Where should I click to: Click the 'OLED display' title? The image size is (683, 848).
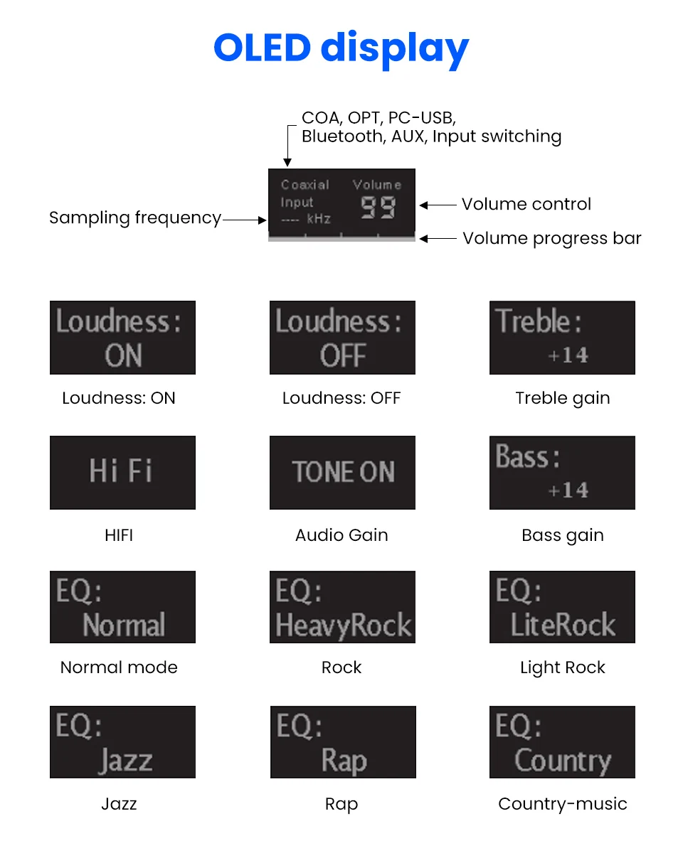[x=341, y=48]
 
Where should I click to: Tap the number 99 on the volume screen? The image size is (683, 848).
[x=377, y=208]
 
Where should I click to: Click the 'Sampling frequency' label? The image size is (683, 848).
[x=135, y=218]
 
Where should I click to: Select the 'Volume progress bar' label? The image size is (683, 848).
[x=552, y=238]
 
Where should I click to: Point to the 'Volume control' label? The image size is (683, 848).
[x=526, y=204]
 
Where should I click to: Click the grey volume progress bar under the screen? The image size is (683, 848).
[x=341, y=238]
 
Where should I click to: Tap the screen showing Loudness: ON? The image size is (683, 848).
[x=122, y=338]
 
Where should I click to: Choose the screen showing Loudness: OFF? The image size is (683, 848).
[x=342, y=338]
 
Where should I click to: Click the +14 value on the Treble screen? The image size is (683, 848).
[x=568, y=355]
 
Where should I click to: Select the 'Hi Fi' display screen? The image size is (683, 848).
[x=122, y=472]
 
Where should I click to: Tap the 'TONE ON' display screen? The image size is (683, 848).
[x=342, y=472]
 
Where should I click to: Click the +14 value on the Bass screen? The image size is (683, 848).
[x=568, y=490]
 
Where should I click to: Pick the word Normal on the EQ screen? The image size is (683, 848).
[x=124, y=625]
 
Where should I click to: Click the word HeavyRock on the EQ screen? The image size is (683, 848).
[x=344, y=625]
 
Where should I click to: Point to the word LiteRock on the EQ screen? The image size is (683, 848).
[x=563, y=625]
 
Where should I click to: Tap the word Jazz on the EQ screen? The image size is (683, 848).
[x=126, y=761]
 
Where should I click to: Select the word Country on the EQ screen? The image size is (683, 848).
[x=563, y=761]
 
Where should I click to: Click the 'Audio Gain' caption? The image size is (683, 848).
[x=341, y=535]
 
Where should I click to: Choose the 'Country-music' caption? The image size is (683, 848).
[x=563, y=804]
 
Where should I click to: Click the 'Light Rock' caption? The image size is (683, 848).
[x=563, y=667]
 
